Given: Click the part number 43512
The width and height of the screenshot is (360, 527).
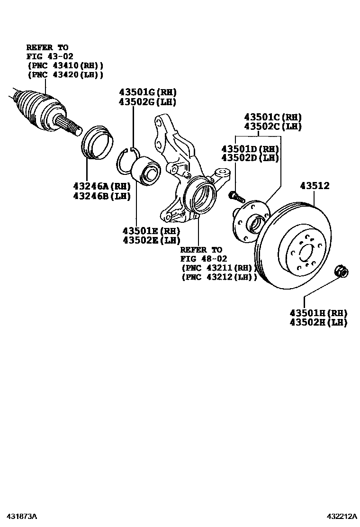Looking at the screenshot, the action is tap(314, 186).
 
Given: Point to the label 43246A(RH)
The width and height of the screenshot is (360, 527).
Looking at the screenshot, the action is tap(101, 186).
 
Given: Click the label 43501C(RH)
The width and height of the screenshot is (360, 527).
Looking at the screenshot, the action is tap(272, 117).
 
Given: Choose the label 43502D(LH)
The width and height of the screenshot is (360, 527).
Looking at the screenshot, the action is tap(250, 158).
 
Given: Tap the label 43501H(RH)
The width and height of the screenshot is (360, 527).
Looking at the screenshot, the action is tap(318, 313).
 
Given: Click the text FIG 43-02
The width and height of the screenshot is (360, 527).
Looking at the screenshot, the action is tap(49, 56).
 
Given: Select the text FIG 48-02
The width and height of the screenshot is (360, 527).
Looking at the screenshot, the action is tap(204, 259).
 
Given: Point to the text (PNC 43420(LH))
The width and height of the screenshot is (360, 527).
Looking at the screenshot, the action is tap(65, 74).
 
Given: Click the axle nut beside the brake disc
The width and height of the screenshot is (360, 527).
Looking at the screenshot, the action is tap(342, 272).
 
